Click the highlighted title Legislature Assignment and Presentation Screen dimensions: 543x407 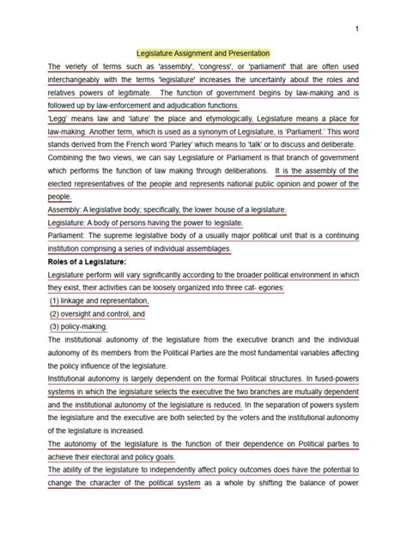click(203, 52)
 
